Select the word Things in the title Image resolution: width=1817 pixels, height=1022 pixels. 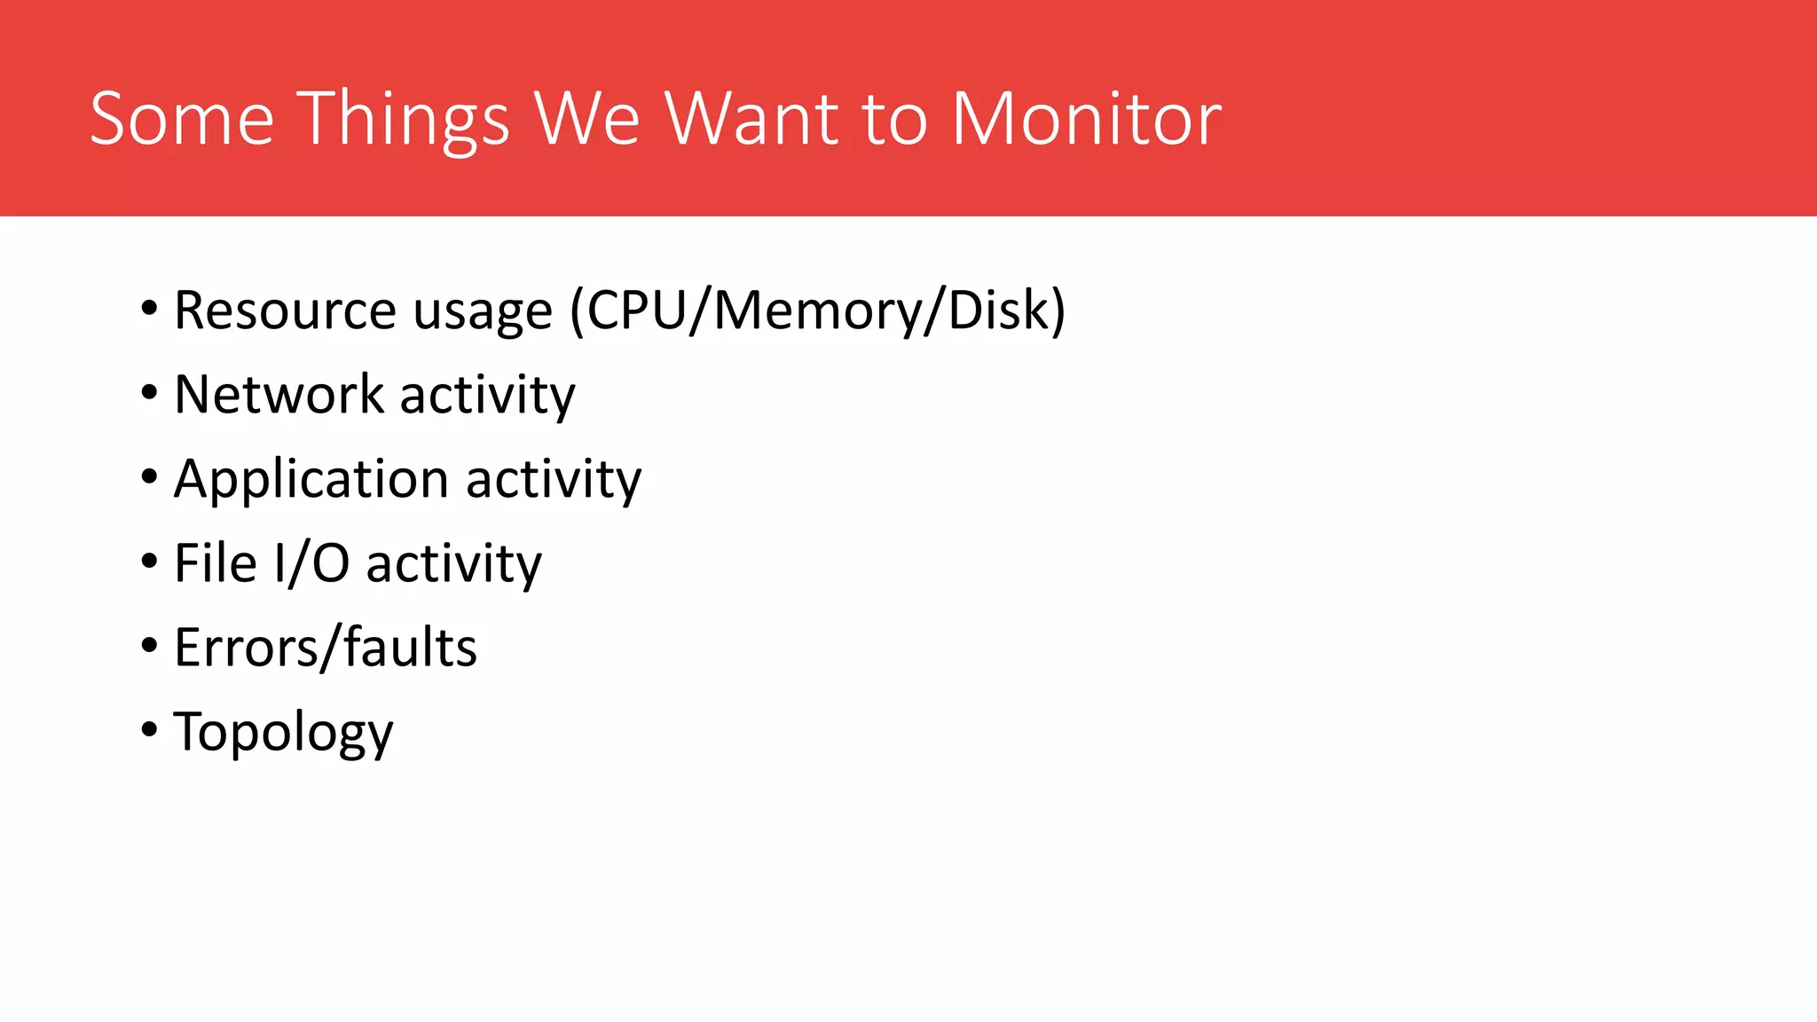click(405, 120)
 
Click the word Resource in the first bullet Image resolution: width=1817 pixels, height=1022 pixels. click(284, 311)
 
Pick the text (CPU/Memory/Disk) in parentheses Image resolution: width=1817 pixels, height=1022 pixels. click(817, 311)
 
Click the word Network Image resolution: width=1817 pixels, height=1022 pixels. click(279, 394)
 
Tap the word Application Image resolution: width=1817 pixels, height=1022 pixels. click(311, 480)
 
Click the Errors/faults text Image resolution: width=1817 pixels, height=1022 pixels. click(326, 647)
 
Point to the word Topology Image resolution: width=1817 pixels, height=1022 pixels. click(283, 733)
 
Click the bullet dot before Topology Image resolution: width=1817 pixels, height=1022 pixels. click(149, 730)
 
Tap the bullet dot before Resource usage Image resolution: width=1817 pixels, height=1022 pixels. click(149, 309)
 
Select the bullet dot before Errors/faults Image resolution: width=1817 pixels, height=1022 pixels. click(149, 646)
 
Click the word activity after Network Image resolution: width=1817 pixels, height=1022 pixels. click(487, 394)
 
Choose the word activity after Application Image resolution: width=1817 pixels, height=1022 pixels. click(554, 480)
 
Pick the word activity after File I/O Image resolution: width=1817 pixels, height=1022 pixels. click(453, 562)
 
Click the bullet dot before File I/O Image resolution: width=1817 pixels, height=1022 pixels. click(149, 562)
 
